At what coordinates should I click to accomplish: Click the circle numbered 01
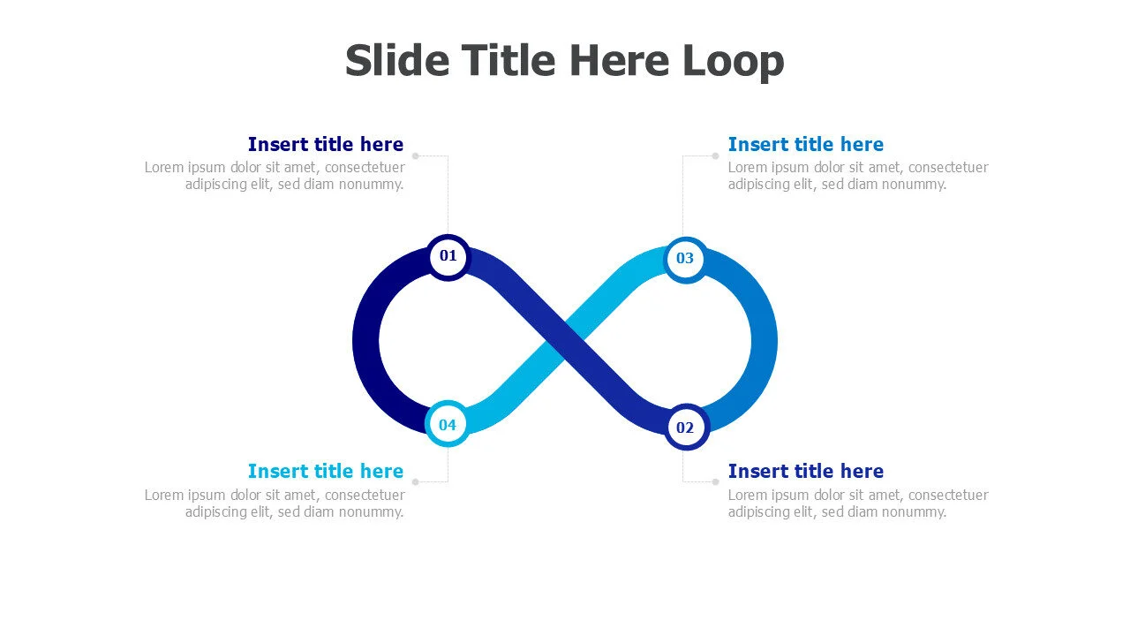tap(448, 256)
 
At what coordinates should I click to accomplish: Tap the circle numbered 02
tap(686, 427)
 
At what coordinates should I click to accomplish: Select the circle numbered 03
tap(686, 260)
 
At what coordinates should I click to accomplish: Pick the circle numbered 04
tap(448, 424)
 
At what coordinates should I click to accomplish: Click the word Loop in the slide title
tap(733, 62)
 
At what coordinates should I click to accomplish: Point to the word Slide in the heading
tap(397, 60)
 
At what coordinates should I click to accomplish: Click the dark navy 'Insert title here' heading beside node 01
tap(326, 144)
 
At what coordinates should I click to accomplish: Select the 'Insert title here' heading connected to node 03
tap(806, 144)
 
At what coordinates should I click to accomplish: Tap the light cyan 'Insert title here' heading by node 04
tap(326, 472)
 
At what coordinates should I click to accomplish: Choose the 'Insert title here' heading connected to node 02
tap(806, 472)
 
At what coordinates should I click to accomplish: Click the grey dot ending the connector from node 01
tap(416, 156)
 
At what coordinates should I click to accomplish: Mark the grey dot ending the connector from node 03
tap(715, 156)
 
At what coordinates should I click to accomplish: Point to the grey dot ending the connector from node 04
tap(416, 482)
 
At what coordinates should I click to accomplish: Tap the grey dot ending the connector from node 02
tap(715, 482)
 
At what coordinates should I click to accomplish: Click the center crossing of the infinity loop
tap(565, 342)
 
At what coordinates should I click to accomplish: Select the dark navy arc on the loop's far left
tap(365, 342)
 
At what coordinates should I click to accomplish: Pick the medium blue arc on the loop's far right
tap(765, 342)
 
